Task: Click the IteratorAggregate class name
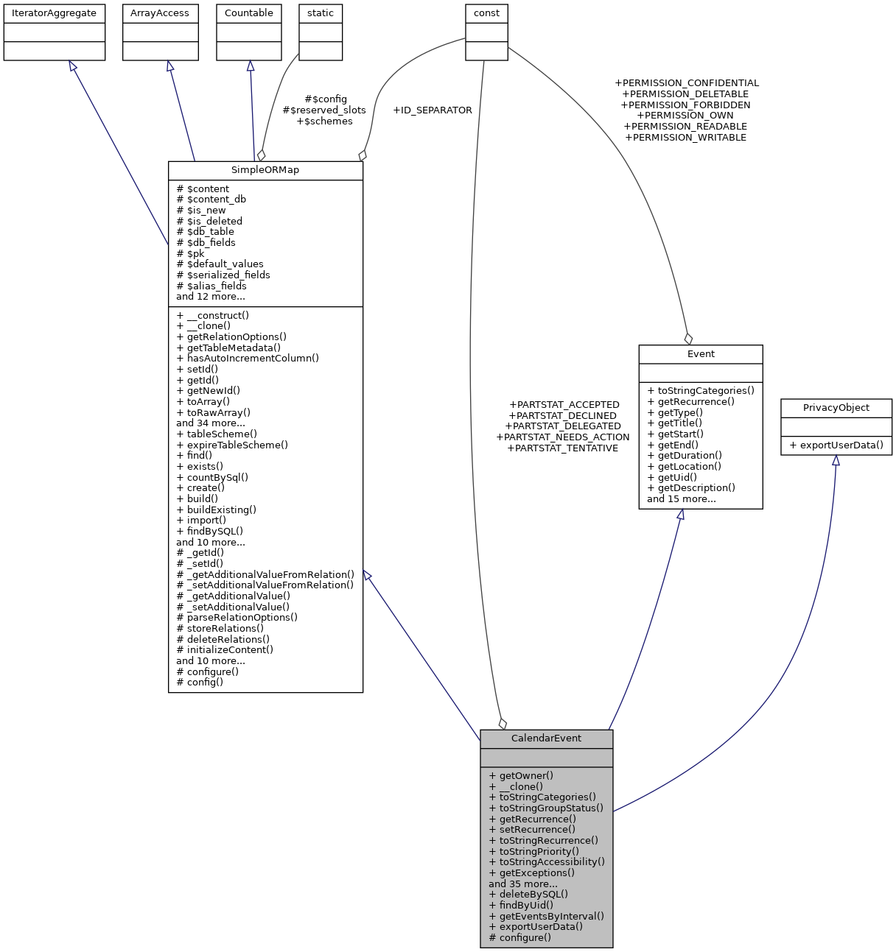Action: (54, 13)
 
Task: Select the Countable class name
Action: (248, 13)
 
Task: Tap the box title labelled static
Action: (321, 13)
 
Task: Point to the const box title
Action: (486, 13)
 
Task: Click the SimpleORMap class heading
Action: (265, 170)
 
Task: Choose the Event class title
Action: (701, 354)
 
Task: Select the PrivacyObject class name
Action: (836, 408)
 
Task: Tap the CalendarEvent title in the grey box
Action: (546, 738)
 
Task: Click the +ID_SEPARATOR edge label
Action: (433, 110)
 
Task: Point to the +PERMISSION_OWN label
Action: (685, 116)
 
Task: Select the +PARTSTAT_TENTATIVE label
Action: (563, 448)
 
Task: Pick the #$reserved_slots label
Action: (324, 110)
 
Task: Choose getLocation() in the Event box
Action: (688, 466)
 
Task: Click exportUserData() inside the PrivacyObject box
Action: (841, 445)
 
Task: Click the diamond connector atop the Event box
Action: (688, 339)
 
